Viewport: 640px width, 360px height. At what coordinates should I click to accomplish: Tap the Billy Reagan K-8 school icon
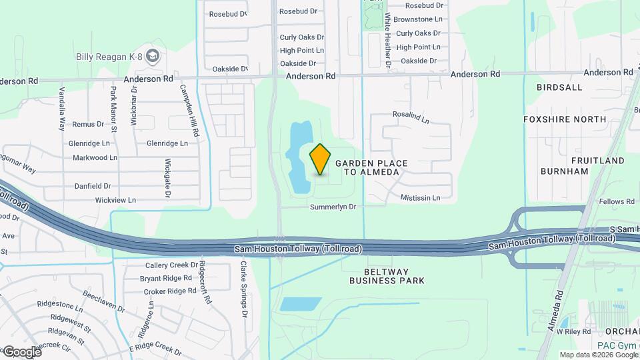click(153, 56)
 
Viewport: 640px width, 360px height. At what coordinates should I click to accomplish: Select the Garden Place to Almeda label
click(371, 167)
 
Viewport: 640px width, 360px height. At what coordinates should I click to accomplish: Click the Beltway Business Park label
click(387, 276)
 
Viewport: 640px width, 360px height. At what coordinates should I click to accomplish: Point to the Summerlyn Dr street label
click(333, 207)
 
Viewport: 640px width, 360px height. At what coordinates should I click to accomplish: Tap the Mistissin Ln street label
click(420, 198)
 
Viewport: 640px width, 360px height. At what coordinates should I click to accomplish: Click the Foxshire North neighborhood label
click(574, 120)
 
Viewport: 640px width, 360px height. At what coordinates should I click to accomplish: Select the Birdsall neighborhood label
click(559, 87)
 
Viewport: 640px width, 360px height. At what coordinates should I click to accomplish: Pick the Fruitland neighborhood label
click(597, 161)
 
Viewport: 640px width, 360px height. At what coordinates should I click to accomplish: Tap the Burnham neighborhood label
click(565, 171)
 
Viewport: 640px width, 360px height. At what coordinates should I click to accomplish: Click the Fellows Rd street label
click(616, 201)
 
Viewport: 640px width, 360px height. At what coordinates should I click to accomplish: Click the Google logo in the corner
click(21, 351)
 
